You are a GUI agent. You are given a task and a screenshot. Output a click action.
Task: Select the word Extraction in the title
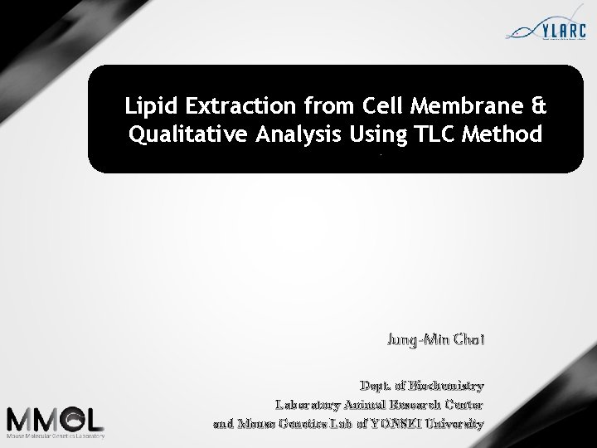coord(227,106)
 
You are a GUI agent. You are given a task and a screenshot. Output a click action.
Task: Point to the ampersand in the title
coord(539,106)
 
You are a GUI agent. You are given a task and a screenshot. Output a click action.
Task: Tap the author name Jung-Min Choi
coord(434,339)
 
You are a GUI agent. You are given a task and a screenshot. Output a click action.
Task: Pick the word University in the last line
coord(456,424)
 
